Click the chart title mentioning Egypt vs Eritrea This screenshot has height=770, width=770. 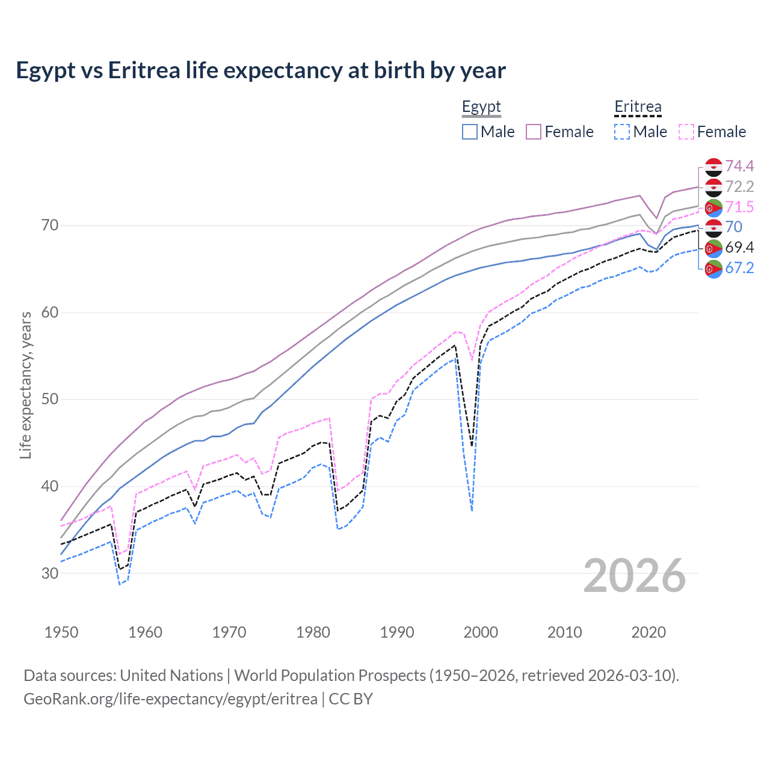click(260, 70)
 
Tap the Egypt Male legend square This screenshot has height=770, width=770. click(470, 132)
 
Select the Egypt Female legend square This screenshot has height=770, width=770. click(534, 132)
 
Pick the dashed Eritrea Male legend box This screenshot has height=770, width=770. click(622, 132)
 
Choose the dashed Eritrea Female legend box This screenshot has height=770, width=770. click(686, 132)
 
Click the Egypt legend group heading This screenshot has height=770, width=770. click(481, 107)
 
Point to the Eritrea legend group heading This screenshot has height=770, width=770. click(638, 107)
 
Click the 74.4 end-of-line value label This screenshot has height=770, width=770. click(739, 166)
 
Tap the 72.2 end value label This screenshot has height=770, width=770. click(739, 186)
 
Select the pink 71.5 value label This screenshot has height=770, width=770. click(739, 207)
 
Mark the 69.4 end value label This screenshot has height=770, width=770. click(739, 247)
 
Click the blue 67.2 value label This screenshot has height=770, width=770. click(739, 268)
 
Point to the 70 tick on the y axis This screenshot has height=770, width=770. click(50, 226)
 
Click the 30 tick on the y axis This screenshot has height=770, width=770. click(50, 573)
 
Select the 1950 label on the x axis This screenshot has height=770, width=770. click(61, 632)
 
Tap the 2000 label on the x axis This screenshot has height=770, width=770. click(481, 632)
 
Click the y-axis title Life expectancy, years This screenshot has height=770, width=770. click(26, 385)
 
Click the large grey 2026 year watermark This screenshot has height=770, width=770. click(635, 576)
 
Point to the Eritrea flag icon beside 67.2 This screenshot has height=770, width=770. click(713, 268)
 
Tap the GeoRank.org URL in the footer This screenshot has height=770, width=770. click(170, 699)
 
